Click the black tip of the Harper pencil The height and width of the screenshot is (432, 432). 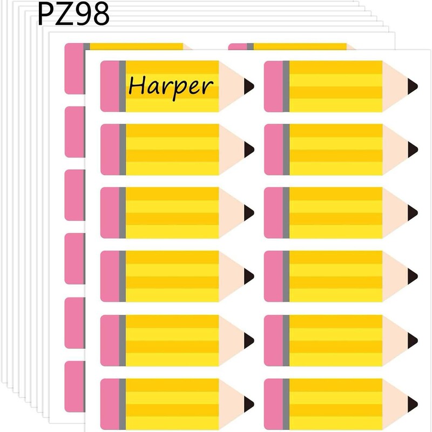[249, 86]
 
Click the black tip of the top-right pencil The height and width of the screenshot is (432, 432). [413, 86]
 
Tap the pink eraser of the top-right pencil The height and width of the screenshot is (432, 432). [273, 86]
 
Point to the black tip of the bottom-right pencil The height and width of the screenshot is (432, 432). [413, 403]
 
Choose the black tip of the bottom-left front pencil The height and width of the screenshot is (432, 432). [249, 403]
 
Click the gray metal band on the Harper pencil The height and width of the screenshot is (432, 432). [123, 86]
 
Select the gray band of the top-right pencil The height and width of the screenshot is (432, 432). [286, 86]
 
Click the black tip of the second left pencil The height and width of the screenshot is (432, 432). [249, 149]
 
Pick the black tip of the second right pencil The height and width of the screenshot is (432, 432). [413, 149]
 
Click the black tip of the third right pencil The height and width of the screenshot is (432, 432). [413, 213]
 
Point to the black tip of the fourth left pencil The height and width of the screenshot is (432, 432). [249, 276]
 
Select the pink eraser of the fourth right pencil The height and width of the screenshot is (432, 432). [273, 276]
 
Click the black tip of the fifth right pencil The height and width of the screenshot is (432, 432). [413, 340]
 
